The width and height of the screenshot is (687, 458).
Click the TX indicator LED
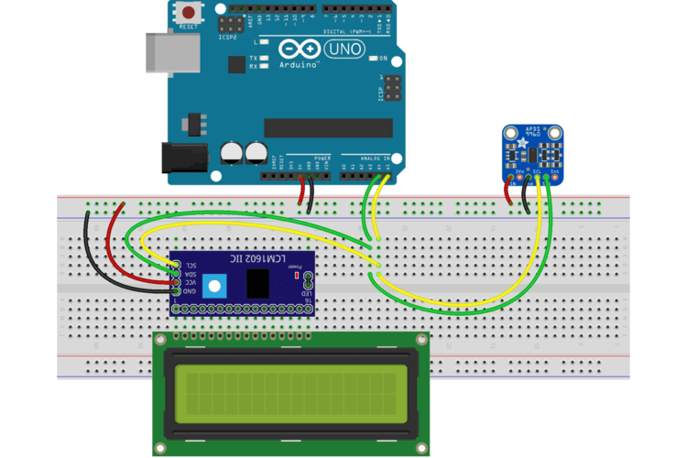264,57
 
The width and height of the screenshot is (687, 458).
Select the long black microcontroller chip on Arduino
328,127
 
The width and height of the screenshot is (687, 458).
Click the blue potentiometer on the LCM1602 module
216,285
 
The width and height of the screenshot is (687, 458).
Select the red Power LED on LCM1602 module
296,274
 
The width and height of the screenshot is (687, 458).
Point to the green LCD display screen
290,392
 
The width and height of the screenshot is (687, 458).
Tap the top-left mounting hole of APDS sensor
509,131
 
